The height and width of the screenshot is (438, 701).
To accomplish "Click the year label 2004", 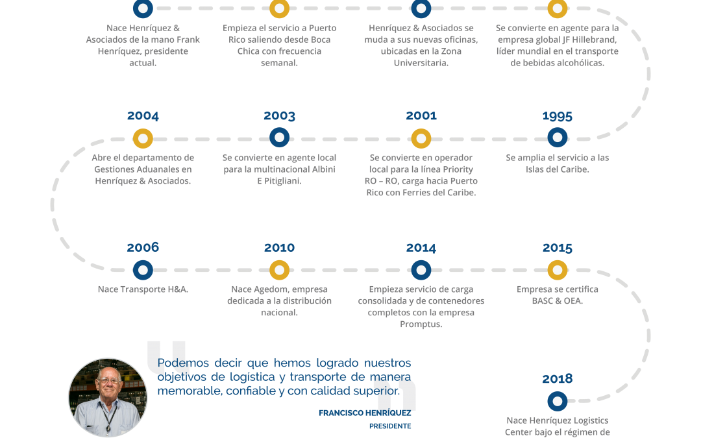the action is coord(143,116).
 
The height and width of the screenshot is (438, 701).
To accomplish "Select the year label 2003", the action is coord(279,116).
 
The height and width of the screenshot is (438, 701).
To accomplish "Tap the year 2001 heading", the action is coord(421,116).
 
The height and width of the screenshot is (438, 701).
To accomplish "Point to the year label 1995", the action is coord(558,116).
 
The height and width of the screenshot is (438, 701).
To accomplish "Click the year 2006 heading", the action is coord(143,247).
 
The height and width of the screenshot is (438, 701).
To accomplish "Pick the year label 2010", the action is coord(279,248).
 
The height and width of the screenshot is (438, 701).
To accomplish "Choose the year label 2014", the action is coord(421,248).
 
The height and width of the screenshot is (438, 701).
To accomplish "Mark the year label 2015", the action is coord(558,248).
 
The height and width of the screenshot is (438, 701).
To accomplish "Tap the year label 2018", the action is coord(558,378).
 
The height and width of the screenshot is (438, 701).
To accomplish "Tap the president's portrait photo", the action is coord(107,397).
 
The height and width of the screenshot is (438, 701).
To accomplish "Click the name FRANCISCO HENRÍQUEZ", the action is coord(365,413).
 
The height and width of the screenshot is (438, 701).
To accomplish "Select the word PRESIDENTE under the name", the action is coord(390,426).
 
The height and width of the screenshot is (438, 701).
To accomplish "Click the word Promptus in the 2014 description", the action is coord(421,324).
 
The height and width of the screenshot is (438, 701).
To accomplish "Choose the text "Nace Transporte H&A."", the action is coord(143,289).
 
